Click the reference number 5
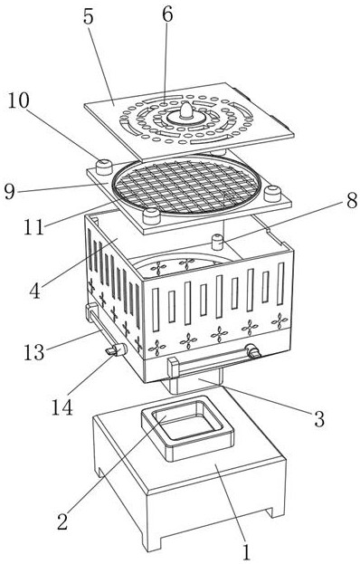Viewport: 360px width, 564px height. [x=89, y=17]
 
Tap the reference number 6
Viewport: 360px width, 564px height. [x=167, y=14]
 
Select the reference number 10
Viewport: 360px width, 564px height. [x=18, y=100]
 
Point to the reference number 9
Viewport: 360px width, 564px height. [x=10, y=191]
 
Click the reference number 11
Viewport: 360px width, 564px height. [x=33, y=227]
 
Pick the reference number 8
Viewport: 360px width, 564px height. [x=352, y=201]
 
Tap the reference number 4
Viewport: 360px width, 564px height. [x=35, y=291]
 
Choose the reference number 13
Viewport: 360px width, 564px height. [x=34, y=352]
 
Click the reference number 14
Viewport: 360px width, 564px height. [x=62, y=407]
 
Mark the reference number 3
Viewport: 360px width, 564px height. [x=319, y=418]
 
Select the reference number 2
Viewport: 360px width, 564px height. [x=62, y=521]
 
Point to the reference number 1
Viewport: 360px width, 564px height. [x=246, y=551]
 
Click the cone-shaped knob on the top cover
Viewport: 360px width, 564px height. [x=186, y=110]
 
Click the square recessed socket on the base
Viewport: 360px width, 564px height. [x=187, y=427]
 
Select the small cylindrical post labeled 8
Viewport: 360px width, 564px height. [x=217, y=242]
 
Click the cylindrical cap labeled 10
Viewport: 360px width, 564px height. [x=104, y=167]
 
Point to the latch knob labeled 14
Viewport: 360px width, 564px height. [x=117, y=349]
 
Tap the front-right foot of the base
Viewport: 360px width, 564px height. [x=275, y=510]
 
